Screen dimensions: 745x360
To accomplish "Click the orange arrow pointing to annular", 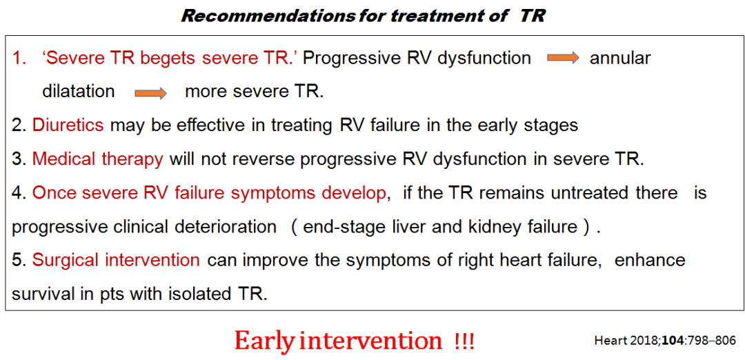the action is pos(563,58).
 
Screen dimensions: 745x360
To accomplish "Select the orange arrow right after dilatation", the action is pos(150,92).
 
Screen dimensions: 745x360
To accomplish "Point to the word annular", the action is pos(620,58).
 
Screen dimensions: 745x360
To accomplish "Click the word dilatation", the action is pos(79,91).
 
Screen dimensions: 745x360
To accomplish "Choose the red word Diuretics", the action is pos(68,125).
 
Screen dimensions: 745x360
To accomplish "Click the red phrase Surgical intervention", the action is pos(116,261).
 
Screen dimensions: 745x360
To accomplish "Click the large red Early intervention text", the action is pos(338,341).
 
